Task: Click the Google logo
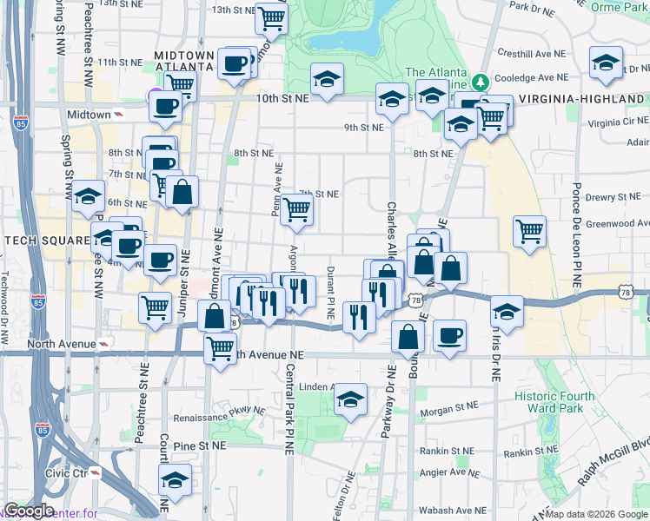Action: click(x=29, y=511)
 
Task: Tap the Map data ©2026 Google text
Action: click(x=596, y=514)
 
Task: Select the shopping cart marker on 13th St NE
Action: click(x=272, y=17)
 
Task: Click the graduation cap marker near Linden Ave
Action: click(x=350, y=399)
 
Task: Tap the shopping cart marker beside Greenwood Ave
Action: click(x=529, y=231)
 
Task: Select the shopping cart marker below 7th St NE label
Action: click(x=297, y=208)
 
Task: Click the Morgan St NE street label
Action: click(x=448, y=406)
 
